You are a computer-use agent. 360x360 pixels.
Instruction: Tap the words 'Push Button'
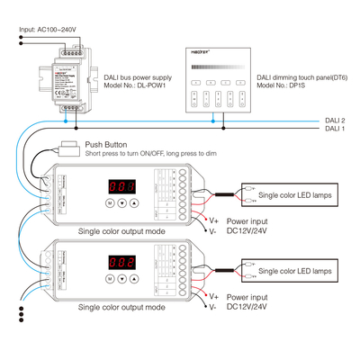click(x=106, y=144)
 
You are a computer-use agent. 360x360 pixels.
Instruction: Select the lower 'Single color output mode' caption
click(x=122, y=307)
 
